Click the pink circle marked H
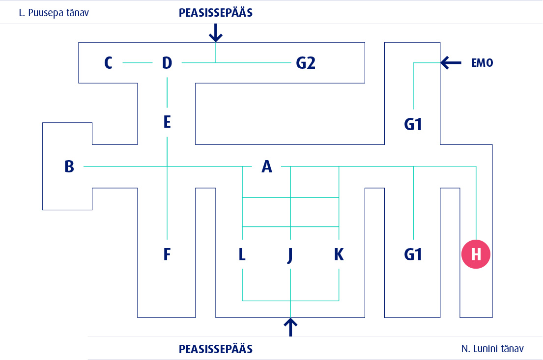476,254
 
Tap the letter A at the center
266,167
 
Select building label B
69,166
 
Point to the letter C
109,63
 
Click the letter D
167,63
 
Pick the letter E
167,122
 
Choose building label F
167,254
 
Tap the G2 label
305,63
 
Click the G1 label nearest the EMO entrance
413,125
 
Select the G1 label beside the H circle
413,254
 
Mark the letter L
242,254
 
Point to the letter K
339,254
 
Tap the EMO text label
482,63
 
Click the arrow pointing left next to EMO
451,62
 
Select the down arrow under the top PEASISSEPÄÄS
216,33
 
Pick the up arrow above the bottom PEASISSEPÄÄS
291,327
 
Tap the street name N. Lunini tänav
492,349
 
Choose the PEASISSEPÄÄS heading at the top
216,13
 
